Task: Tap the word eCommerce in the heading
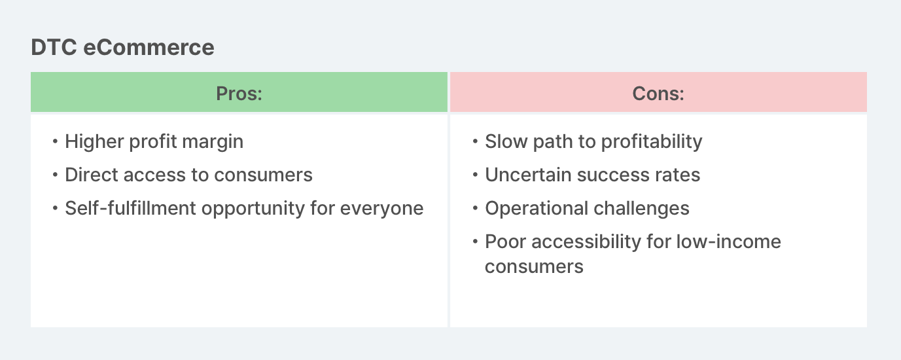pyautogui.click(x=149, y=47)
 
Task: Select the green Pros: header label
pyautogui.click(x=239, y=94)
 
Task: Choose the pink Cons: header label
pyautogui.click(x=658, y=94)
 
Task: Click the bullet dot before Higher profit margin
pyautogui.click(x=55, y=142)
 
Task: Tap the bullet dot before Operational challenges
pyautogui.click(x=475, y=209)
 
